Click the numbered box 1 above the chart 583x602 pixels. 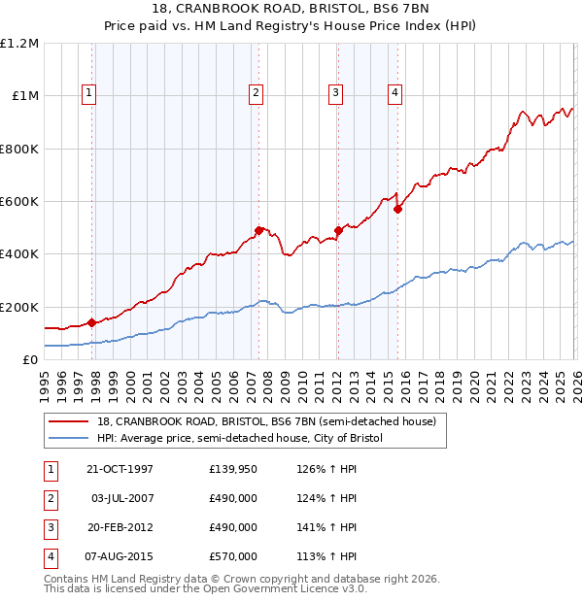tap(88, 93)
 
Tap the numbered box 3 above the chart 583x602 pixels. tap(335, 93)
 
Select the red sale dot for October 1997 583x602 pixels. tap(91, 322)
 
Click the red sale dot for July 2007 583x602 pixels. tap(258, 230)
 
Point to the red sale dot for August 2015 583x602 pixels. tap(397, 209)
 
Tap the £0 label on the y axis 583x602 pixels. tap(29, 359)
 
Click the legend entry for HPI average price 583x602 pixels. tap(240, 439)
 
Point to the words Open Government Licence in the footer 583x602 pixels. tap(278, 588)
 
